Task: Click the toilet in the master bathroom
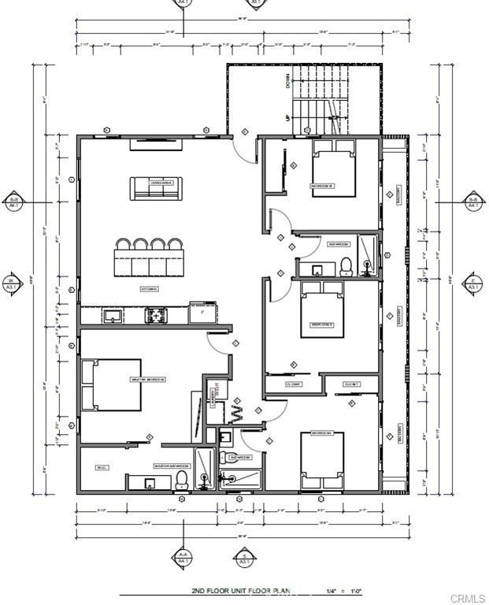(x=182, y=478)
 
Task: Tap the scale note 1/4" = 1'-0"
(x=345, y=590)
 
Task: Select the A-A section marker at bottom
(x=183, y=556)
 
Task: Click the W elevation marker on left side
(x=12, y=284)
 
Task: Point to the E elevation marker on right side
(x=473, y=284)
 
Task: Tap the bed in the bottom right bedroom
(x=322, y=460)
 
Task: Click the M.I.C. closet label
(x=102, y=467)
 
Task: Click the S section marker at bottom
(x=245, y=559)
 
